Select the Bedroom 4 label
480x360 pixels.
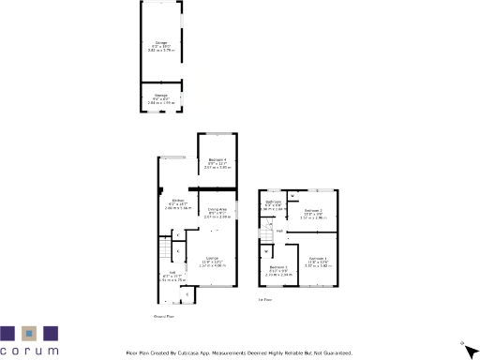click(217, 161)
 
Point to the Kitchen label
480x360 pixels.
click(177, 200)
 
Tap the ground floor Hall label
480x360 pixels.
click(164, 275)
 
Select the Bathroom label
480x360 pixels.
click(273, 202)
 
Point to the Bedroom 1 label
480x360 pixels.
click(318, 257)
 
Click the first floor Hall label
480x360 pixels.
click(279, 230)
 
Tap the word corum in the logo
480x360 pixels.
click(30, 351)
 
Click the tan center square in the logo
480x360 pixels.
click(30, 333)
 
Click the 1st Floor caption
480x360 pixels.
click(265, 301)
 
